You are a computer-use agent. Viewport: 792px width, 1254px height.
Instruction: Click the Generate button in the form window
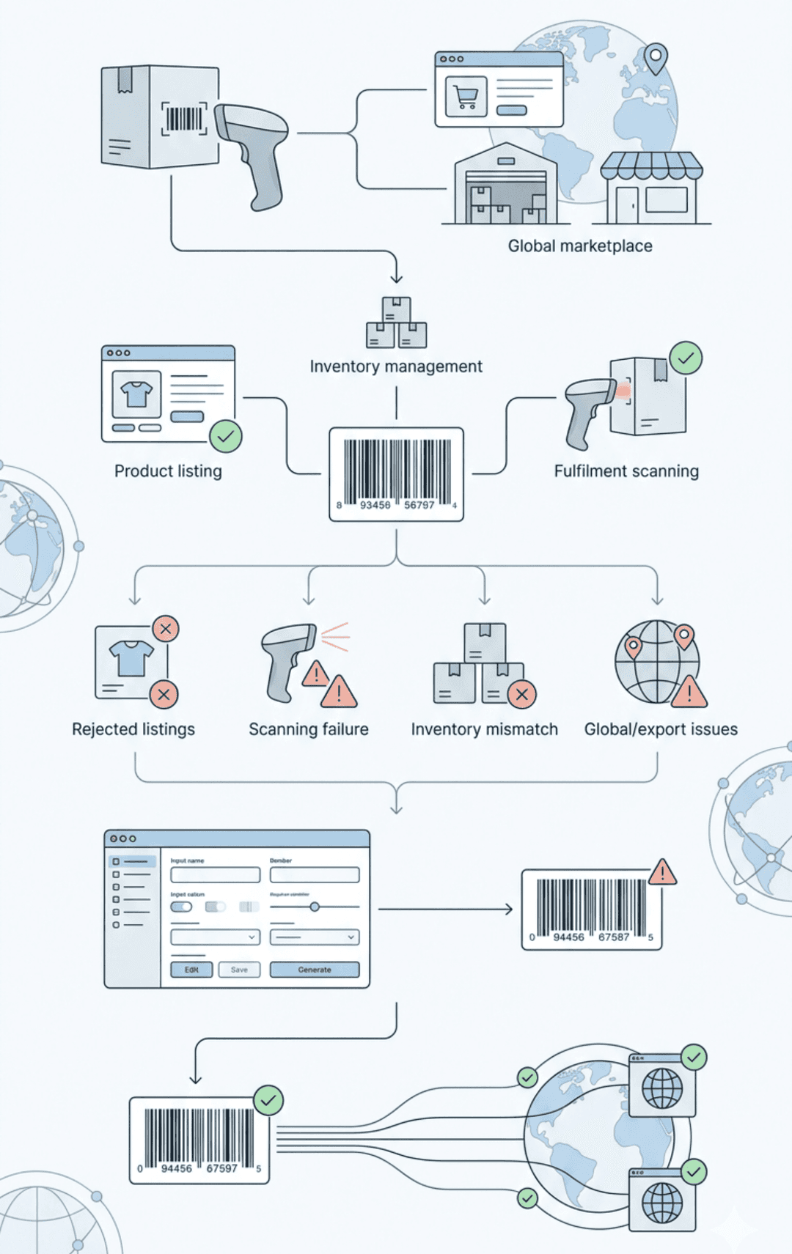(x=315, y=970)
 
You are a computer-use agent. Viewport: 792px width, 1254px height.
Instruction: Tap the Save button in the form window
(x=240, y=970)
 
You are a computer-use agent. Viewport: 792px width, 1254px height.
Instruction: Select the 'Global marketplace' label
(x=580, y=246)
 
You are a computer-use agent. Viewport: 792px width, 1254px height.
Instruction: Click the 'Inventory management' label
(x=396, y=366)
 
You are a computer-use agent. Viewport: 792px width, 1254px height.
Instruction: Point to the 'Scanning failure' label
(x=309, y=729)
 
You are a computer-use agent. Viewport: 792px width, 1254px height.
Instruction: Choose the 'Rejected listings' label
(x=133, y=729)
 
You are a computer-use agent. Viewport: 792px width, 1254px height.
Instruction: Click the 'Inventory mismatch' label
(x=484, y=729)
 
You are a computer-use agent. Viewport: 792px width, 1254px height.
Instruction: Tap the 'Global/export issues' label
(x=661, y=729)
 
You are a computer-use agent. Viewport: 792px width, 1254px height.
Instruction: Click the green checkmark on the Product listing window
(x=226, y=437)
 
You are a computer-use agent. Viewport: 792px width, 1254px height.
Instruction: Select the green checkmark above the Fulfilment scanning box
(x=686, y=358)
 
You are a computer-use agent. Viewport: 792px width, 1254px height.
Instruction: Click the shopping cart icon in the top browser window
(x=466, y=97)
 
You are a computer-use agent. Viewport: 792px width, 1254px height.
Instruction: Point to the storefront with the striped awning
(x=651, y=188)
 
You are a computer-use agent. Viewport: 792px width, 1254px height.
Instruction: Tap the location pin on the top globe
(x=656, y=58)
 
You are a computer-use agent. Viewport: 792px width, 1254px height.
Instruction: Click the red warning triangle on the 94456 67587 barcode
(x=663, y=872)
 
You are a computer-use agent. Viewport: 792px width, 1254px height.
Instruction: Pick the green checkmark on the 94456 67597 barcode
(x=268, y=1100)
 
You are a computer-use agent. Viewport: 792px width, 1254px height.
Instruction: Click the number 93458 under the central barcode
(x=375, y=505)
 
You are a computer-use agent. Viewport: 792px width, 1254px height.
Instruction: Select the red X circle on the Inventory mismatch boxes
(x=521, y=694)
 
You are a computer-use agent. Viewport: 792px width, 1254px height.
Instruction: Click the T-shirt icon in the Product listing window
(x=136, y=394)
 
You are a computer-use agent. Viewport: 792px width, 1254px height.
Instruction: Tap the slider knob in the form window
(x=315, y=907)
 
